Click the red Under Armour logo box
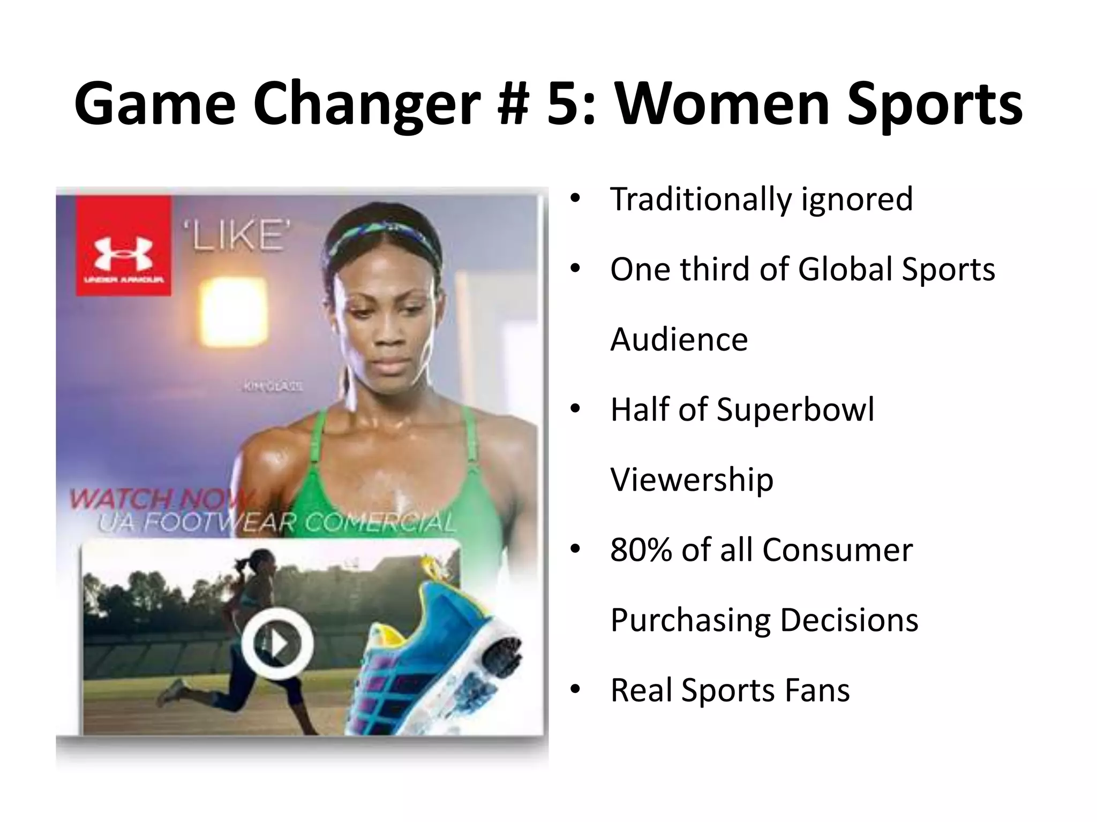coord(123,246)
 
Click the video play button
coord(277,642)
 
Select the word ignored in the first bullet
coord(856,199)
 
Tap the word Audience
coord(679,339)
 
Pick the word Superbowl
coord(795,409)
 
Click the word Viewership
coord(692,479)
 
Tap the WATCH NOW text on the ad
coord(161,499)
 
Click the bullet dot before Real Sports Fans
coord(575,689)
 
